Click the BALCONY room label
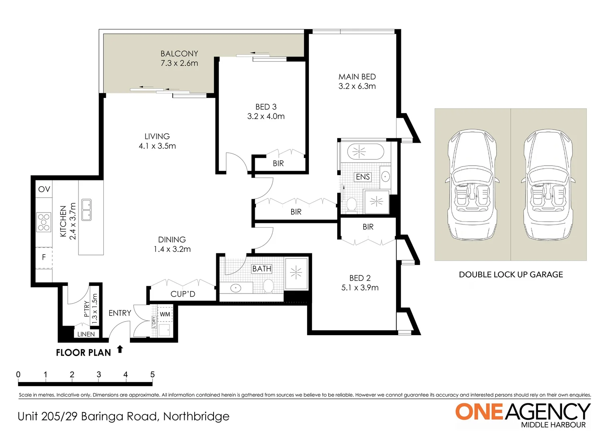179,54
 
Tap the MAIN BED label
357,77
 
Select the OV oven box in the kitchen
44,189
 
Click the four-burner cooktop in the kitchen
44,223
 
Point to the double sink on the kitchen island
87,210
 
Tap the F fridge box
44,257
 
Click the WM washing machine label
165,314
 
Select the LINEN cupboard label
86,334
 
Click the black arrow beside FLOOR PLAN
120,349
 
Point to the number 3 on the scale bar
99,374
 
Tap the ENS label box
363,177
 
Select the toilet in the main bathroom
268,286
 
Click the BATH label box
262,269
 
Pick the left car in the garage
472,185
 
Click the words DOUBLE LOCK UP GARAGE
511,275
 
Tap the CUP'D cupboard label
183,294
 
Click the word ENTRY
120,313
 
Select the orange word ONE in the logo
479,412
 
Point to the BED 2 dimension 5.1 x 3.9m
360,288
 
